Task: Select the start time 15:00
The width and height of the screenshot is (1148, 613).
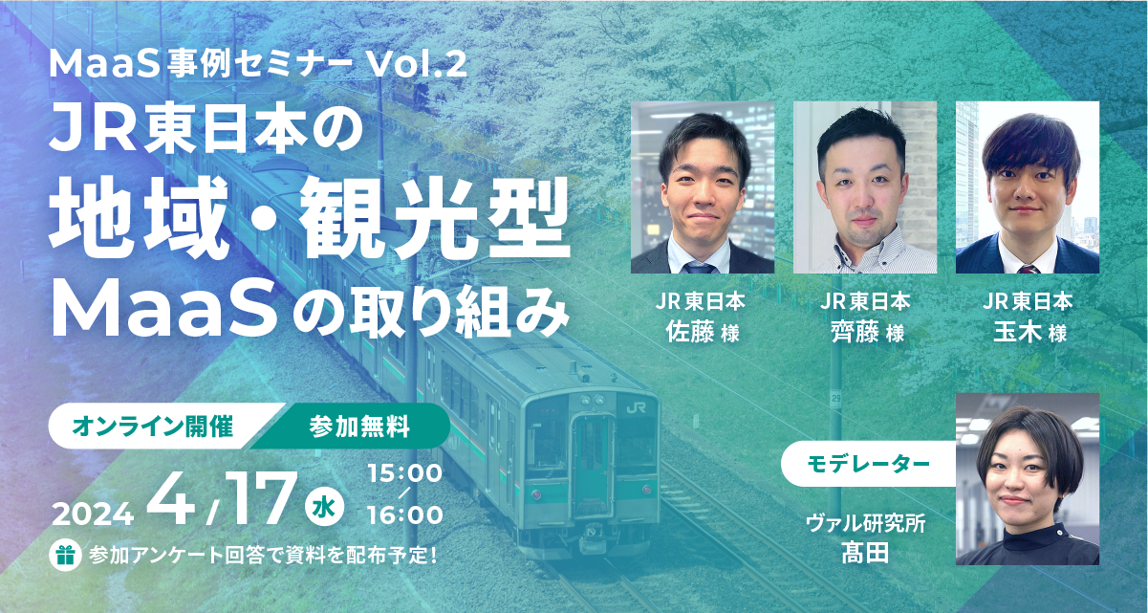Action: click(x=404, y=472)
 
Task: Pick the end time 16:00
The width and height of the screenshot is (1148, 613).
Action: click(x=404, y=515)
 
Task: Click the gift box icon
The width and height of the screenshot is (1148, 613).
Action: click(x=66, y=554)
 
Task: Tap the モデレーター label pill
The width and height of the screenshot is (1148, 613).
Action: click(x=868, y=465)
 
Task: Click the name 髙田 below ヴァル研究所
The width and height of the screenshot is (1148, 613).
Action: click(x=866, y=552)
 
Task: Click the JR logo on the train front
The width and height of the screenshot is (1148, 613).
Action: click(x=636, y=406)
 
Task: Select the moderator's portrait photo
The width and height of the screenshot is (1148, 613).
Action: click(x=1028, y=478)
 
